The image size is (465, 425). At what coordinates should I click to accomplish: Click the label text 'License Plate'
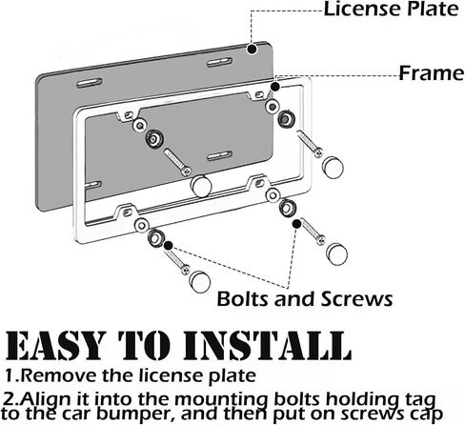tap(391, 9)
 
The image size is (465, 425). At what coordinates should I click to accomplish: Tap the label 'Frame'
tap(432, 73)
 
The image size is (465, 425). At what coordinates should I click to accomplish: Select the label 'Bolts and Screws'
tap(305, 299)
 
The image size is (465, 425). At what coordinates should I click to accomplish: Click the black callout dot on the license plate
tap(253, 49)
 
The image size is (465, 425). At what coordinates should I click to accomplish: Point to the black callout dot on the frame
tap(275, 87)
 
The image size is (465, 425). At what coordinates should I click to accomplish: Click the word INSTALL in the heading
tap(268, 345)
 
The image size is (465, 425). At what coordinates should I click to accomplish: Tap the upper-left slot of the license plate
tap(90, 83)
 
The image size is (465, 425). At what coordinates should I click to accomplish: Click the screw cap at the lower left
tap(200, 282)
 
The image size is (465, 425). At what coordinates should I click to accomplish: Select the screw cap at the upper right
tap(333, 167)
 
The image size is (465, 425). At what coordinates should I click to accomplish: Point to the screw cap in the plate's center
tap(201, 186)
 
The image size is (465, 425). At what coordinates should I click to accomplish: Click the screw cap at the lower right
tap(336, 253)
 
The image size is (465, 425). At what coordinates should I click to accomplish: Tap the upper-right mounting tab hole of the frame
tap(259, 94)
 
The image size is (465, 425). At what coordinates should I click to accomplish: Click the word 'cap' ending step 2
tap(426, 415)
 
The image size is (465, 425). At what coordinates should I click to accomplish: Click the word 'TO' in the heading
tap(144, 345)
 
